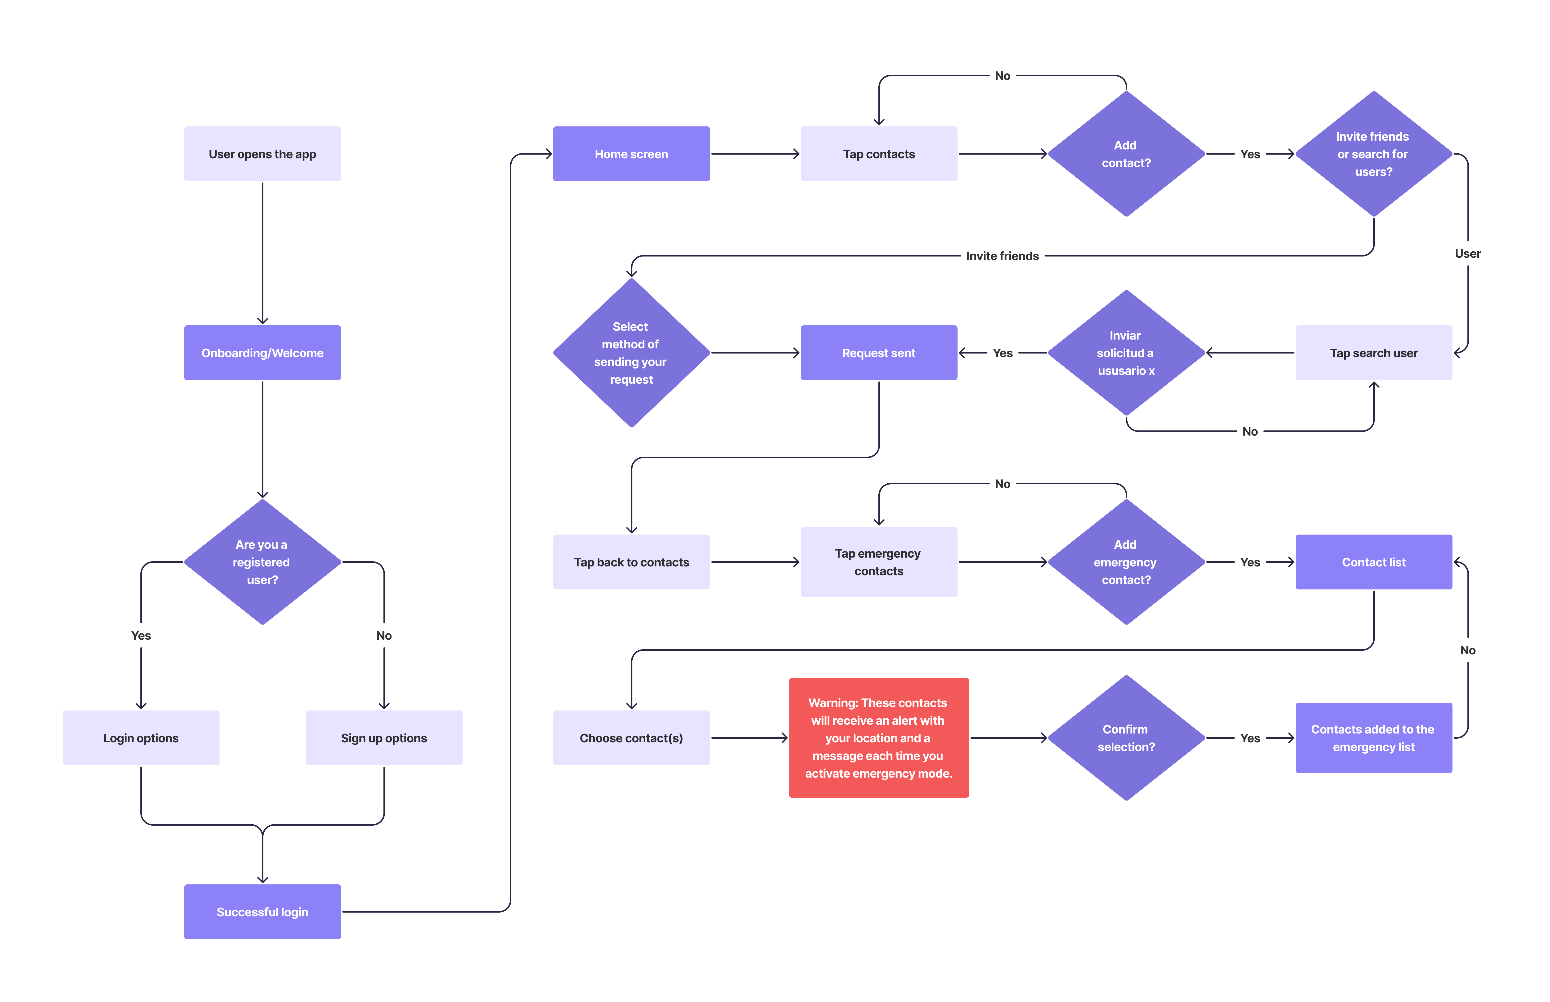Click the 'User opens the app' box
(x=262, y=154)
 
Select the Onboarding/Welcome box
(x=262, y=353)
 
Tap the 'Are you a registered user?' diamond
(x=262, y=562)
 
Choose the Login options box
(x=141, y=738)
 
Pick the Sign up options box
(x=384, y=738)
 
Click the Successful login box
(x=262, y=912)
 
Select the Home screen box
(x=631, y=154)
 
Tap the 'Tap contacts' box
(x=878, y=154)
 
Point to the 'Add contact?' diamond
(x=1126, y=154)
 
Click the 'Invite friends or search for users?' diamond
(x=1373, y=154)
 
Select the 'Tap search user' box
(x=1373, y=353)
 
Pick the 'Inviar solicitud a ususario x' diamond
(x=1126, y=353)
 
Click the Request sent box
(x=878, y=353)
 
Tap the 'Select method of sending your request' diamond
(x=631, y=353)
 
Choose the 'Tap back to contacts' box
(x=631, y=562)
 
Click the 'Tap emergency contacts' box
(x=878, y=562)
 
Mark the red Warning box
(x=878, y=738)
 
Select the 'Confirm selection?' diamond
(x=1126, y=738)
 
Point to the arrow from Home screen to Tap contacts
(x=755, y=154)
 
